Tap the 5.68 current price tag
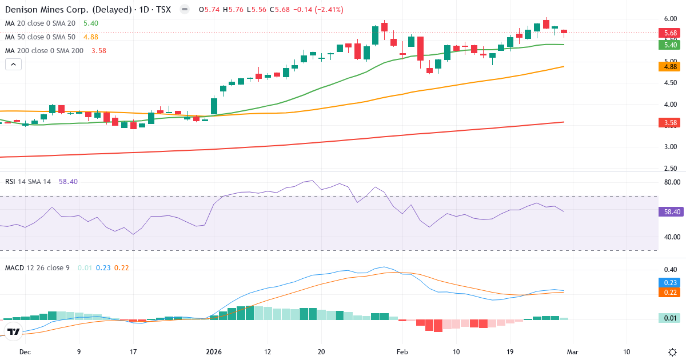[x=670, y=33]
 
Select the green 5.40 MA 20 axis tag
[x=670, y=45]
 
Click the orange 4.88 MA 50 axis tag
[x=670, y=66]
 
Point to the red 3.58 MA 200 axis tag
[x=670, y=122]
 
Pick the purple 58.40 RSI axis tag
[x=670, y=211]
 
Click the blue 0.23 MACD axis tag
[x=670, y=282]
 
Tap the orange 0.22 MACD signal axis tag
[x=670, y=293]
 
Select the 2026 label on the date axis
[x=213, y=352]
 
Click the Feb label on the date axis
[x=402, y=352]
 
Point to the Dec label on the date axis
[x=25, y=352]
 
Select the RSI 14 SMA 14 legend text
[x=28, y=181]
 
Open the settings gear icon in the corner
[x=672, y=352]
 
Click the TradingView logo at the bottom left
[x=13, y=331]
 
